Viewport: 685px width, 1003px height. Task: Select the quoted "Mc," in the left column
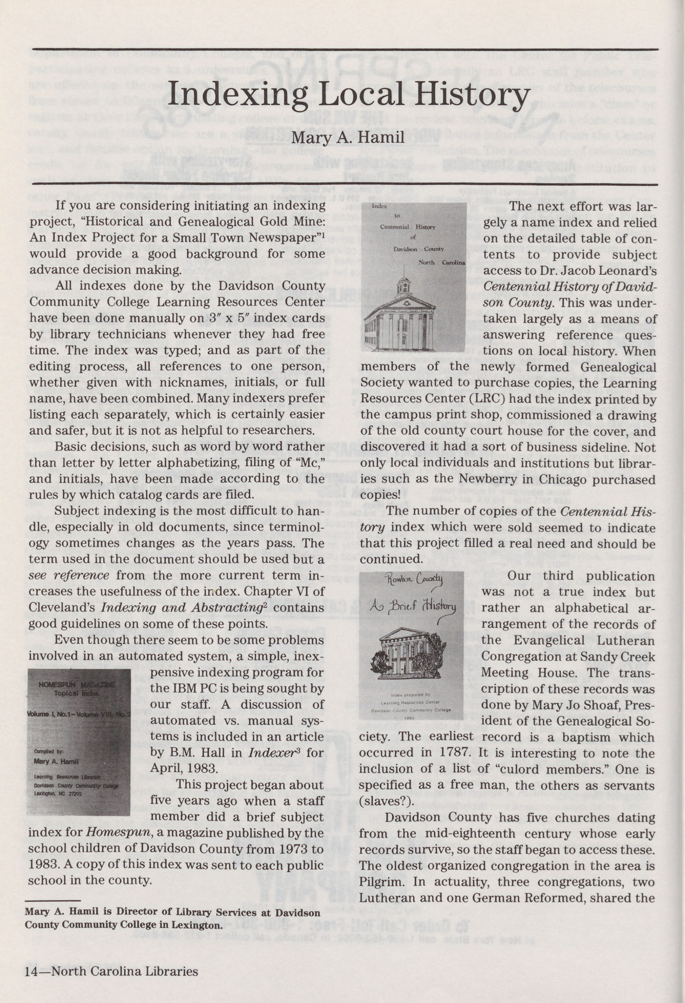[306, 463]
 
